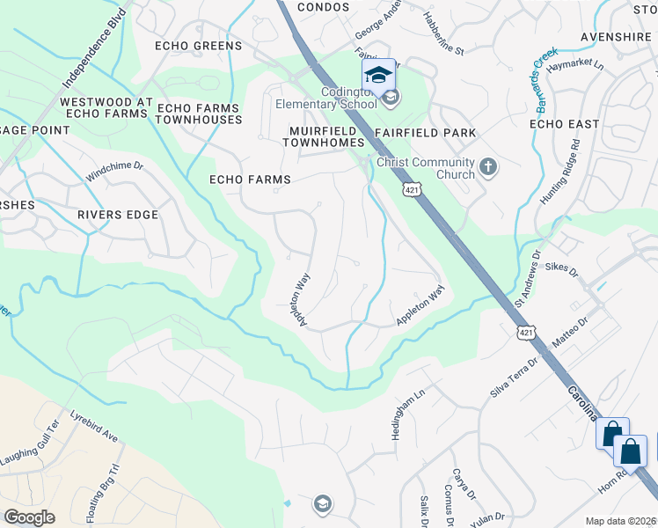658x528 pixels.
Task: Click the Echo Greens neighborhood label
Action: click(198, 46)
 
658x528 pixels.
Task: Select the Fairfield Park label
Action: click(425, 133)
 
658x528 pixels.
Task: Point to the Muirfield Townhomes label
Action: click(327, 136)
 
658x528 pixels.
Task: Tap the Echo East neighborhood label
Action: click(564, 124)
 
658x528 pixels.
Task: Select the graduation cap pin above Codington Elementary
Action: click(378, 76)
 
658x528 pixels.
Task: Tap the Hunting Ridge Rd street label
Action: click(561, 172)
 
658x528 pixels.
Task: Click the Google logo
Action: click(30, 517)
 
